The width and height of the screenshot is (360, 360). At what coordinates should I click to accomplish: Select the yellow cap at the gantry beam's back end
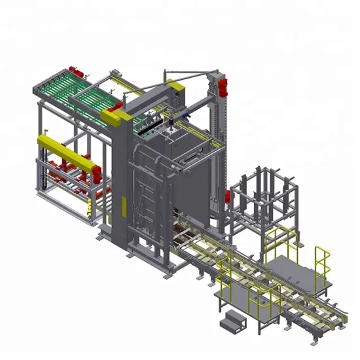click(174, 84)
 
